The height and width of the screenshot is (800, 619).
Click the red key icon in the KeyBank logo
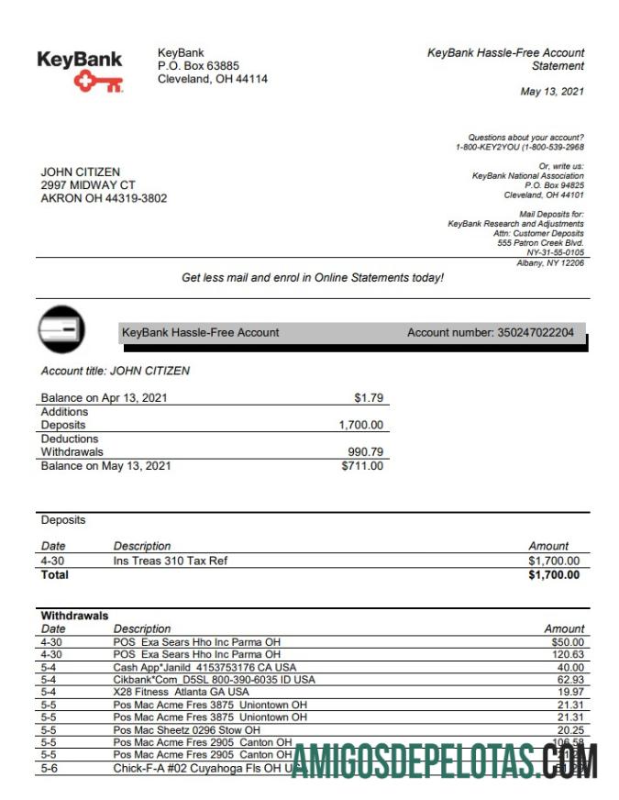pyautogui.click(x=98, y=83)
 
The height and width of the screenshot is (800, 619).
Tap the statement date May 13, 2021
pyautogui.click(x=552, y=92)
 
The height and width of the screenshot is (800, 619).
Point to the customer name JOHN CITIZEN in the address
pyautogui.click(x=81, y=172)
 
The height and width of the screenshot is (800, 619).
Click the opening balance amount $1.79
pyautogui.click(x=369, y=398)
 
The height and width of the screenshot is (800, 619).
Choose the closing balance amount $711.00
pyautogui.click(x=362, y=466)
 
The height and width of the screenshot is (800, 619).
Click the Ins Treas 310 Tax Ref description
pyautogui.click(x=170, y=561)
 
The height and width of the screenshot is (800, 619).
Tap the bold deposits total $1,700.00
pyautogui.click(x=554, y=575)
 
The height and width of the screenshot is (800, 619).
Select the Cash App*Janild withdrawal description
pyautogui.click(x=204, y=667)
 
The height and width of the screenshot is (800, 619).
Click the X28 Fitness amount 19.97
pyautogui.click(x=569, y=692)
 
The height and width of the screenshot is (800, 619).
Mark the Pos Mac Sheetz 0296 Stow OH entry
pyautogui.click(x=187, y=729)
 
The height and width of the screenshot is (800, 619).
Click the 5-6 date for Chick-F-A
pyautogui.click(x=50, y=767)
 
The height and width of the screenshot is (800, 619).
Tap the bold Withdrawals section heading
pyautogui.click(x=74, y=616)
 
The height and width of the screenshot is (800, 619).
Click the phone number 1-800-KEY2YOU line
pyautogui.click(x=519, y=147)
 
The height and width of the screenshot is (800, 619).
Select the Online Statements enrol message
pyautogui.click(x=312, y=277)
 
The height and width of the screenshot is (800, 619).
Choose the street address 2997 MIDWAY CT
pyautogui.click(x=88, y=184)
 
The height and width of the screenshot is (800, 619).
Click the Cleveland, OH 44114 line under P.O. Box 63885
pyautogui.click(x=213, y=79)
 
